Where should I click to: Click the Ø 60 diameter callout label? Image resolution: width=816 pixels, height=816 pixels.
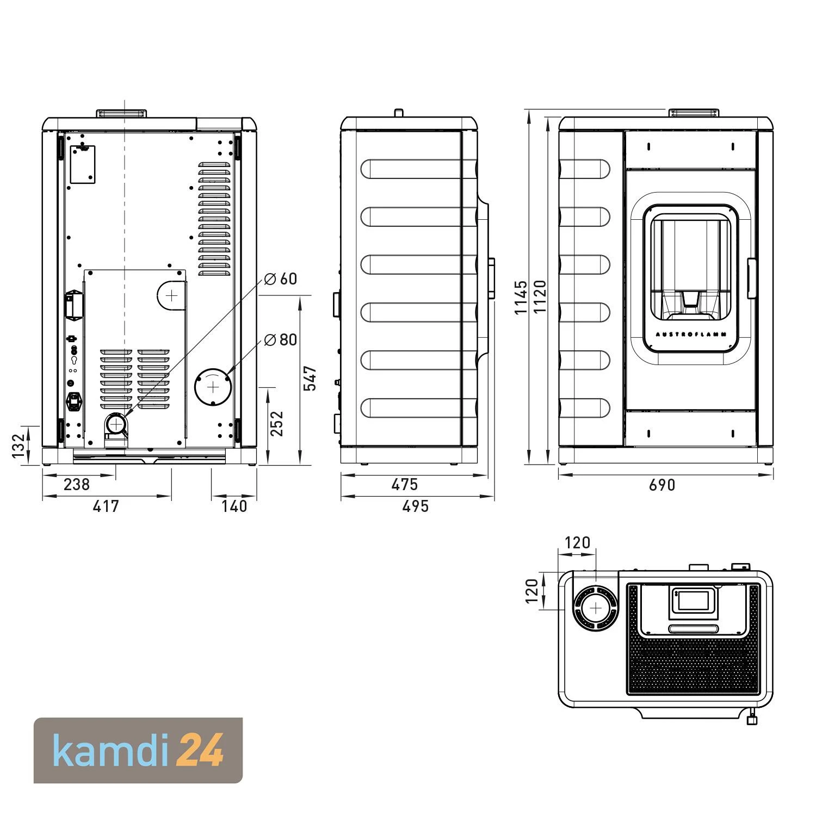(280, 279)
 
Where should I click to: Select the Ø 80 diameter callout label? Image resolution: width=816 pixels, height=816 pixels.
(280, 340)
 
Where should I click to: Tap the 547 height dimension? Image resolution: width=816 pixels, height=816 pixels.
(310, 378)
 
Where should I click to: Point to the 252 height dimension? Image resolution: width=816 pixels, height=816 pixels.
(277, 423)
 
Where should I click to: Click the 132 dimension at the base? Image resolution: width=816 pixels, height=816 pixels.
(19, 446)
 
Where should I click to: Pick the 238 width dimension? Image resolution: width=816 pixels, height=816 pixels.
(77, 484)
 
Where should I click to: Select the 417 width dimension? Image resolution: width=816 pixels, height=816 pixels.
(106, 506)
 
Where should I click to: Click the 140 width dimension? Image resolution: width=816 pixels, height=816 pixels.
(234, 506)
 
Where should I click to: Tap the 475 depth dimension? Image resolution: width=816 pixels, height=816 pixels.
(405, 484)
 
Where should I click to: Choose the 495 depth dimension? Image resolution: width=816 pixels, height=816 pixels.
(416, 506)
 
